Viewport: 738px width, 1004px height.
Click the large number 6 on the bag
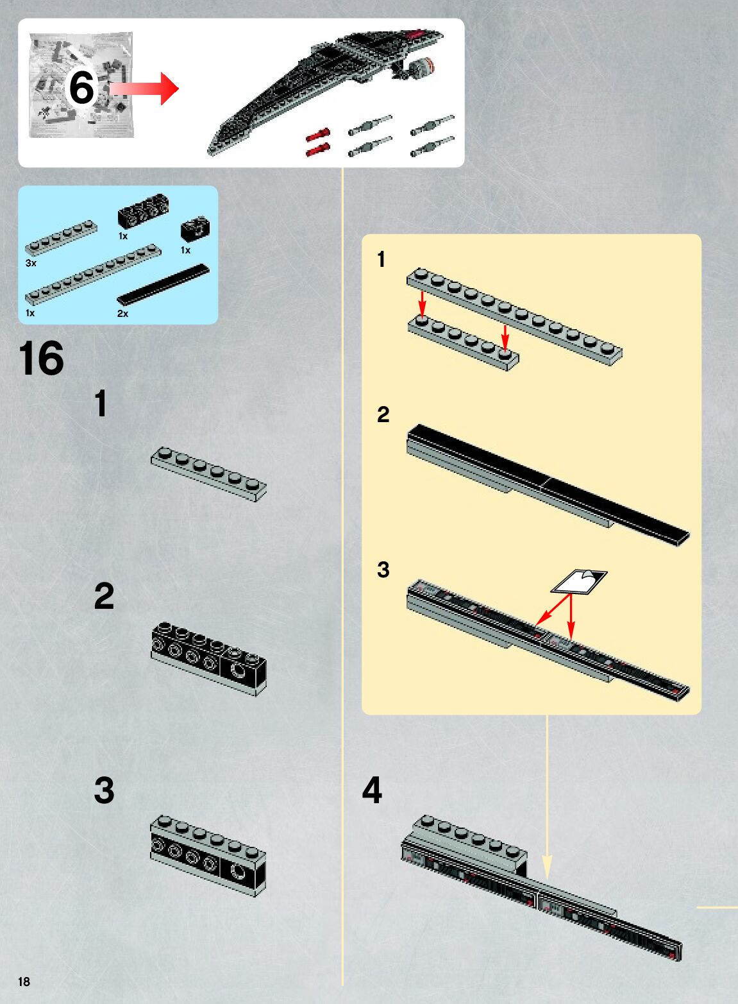pos(81,87)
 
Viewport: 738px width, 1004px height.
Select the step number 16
pos(41,359)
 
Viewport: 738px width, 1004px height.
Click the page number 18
pos(24,982)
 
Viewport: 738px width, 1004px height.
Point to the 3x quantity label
pos(31,263)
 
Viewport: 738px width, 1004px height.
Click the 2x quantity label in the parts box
pos(122,314)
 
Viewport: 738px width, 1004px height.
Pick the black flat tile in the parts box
pos(164,284)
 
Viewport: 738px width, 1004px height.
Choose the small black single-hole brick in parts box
pos(195,228)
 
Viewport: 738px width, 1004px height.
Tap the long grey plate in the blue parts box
pos(93,273)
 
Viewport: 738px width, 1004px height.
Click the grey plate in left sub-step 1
pos(209,474)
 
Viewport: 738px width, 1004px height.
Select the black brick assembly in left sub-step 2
pos(209,658)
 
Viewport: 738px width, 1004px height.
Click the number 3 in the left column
pos(105,790)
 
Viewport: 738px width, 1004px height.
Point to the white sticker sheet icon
pos(579,582)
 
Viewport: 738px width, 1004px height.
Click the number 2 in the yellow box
pos(383,414)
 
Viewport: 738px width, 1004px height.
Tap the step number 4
pos(372,790)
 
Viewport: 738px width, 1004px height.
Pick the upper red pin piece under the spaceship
pos(317,135)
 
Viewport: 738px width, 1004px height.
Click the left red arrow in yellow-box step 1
pos(422,302)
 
